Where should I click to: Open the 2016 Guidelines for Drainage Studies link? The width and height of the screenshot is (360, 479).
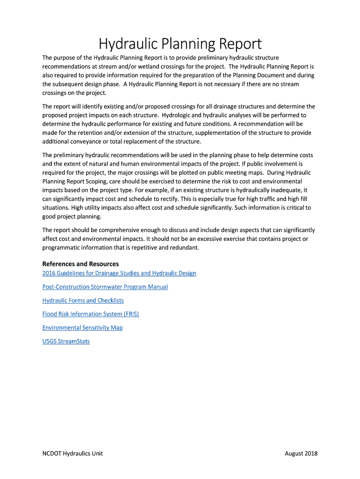(x=119, y=273)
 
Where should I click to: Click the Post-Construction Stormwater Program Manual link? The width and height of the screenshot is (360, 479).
(x=105, y=287)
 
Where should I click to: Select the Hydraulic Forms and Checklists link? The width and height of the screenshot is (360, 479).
(x=83, y=300)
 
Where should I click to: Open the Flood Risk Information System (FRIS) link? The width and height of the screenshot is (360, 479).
(x=91, y=314)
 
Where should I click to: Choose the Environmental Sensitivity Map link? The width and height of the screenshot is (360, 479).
(x=82, y=327)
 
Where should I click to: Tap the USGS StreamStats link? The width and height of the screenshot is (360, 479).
(x=66, y=341)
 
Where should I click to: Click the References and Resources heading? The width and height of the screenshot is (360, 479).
(x=80, y=264)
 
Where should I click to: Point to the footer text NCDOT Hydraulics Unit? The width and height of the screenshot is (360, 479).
(x=72, y=453)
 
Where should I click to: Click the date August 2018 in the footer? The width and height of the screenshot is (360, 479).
(x=301, y=453)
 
